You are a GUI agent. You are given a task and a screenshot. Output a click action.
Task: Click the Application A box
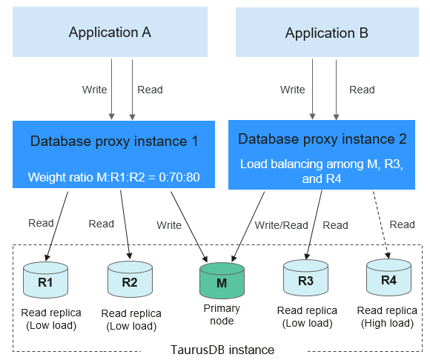(x=110, y=32)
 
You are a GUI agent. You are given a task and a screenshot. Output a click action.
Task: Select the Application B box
(x=327, y=32)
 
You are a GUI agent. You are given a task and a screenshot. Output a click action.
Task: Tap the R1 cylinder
(x=45, y=280)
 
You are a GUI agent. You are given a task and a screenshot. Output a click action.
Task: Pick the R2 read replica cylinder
(x=130, y=279)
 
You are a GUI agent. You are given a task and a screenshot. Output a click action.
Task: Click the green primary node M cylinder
(x=222, y=281)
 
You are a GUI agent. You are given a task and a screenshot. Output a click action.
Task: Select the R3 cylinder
(x=305, y=278)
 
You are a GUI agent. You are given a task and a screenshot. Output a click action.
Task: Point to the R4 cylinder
(x=389, y=277)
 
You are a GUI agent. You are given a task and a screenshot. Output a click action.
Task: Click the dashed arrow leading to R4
(x=380, y=224)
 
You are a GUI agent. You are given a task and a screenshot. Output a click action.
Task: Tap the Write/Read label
(x=282, y=225)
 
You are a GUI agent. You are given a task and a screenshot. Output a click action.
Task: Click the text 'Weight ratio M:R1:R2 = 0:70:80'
(x=114, y=177)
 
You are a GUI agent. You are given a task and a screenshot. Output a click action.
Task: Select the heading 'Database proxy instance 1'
(x=114, y=141)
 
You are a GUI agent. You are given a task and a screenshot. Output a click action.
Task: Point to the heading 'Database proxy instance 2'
(x=322, y=139)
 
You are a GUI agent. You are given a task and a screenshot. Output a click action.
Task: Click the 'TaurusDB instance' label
(x=222, y=350)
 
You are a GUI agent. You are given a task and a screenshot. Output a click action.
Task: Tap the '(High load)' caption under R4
(x=387, y=323)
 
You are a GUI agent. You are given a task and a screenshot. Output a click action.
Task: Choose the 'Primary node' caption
(x=222, y=315)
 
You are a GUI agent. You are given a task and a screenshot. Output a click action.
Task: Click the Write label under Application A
(x=95, y=90)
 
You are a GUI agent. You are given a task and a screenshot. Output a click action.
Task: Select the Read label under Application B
(x=362, y=90)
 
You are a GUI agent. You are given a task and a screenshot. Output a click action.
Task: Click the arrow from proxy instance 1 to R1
(x=57, y=226)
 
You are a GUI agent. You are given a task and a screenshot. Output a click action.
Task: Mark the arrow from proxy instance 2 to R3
(x=314, y=225)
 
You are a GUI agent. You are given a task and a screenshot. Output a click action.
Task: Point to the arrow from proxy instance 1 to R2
(x=126, y=224)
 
